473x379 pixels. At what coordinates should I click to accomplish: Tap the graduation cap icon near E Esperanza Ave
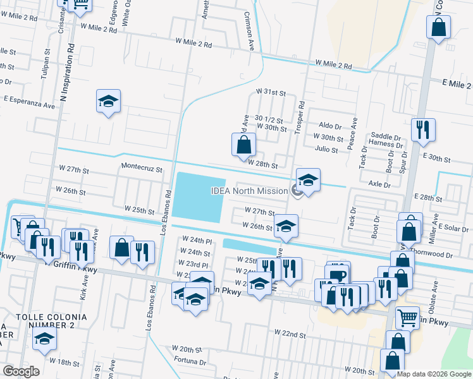click(108, 101)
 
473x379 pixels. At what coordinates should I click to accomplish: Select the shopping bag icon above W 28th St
click(243, 145)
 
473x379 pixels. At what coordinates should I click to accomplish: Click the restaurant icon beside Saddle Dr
click(422, 129)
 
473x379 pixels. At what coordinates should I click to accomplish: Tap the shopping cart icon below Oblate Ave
click(407, 318)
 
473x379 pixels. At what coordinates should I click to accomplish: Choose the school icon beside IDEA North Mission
click(308, 181)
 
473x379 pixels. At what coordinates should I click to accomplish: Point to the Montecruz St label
click(142, 169)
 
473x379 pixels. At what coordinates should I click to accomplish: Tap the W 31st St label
click(271, 92)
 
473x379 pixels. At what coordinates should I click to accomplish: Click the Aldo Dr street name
click(330, 126)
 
